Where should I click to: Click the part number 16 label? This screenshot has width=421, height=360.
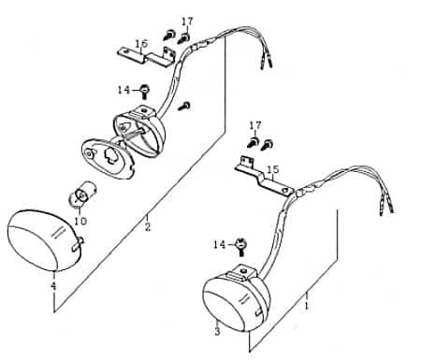(142, 43)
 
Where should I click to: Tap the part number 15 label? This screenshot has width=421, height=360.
(273, 169)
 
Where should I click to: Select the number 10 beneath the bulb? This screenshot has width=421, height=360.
(80, 222)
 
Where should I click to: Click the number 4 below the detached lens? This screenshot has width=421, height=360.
(53, 285)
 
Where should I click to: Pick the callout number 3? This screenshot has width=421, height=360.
(216, 331)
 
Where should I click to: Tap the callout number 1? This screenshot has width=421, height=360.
(306, 305)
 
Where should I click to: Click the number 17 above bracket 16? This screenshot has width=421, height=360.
(187, 21)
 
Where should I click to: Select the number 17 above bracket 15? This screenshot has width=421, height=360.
(255, 124)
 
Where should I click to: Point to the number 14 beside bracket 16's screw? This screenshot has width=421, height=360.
(124, 90)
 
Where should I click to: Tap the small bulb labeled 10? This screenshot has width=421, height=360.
(78, 197)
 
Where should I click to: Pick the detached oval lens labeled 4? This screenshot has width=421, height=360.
(42, 238)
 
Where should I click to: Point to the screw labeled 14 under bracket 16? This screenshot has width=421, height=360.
(146, 92)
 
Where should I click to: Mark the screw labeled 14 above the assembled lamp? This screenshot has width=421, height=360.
(241, 245)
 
